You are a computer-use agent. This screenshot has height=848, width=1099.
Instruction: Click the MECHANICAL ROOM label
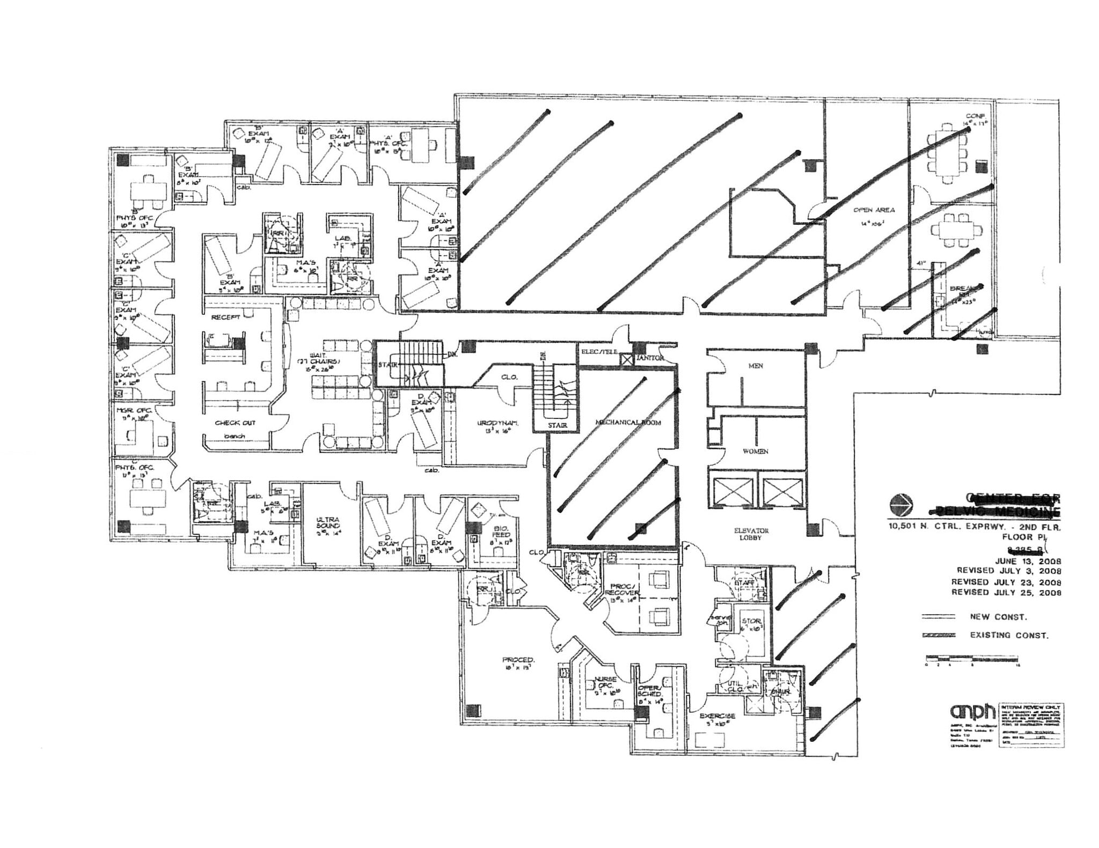(628, 423)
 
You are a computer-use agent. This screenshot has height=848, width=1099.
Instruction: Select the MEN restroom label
(756, 366)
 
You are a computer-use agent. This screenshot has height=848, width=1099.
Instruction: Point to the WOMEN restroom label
(755, 452)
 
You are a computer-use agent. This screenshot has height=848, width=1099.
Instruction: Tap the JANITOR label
(650, 358)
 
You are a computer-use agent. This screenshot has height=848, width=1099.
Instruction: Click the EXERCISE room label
(717, 716)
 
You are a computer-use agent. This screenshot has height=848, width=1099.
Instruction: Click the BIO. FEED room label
(499, 532)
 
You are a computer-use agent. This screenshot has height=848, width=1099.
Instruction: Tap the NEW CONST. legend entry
(998, 617)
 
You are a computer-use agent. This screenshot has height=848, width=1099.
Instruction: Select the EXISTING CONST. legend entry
(1008, 635)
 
